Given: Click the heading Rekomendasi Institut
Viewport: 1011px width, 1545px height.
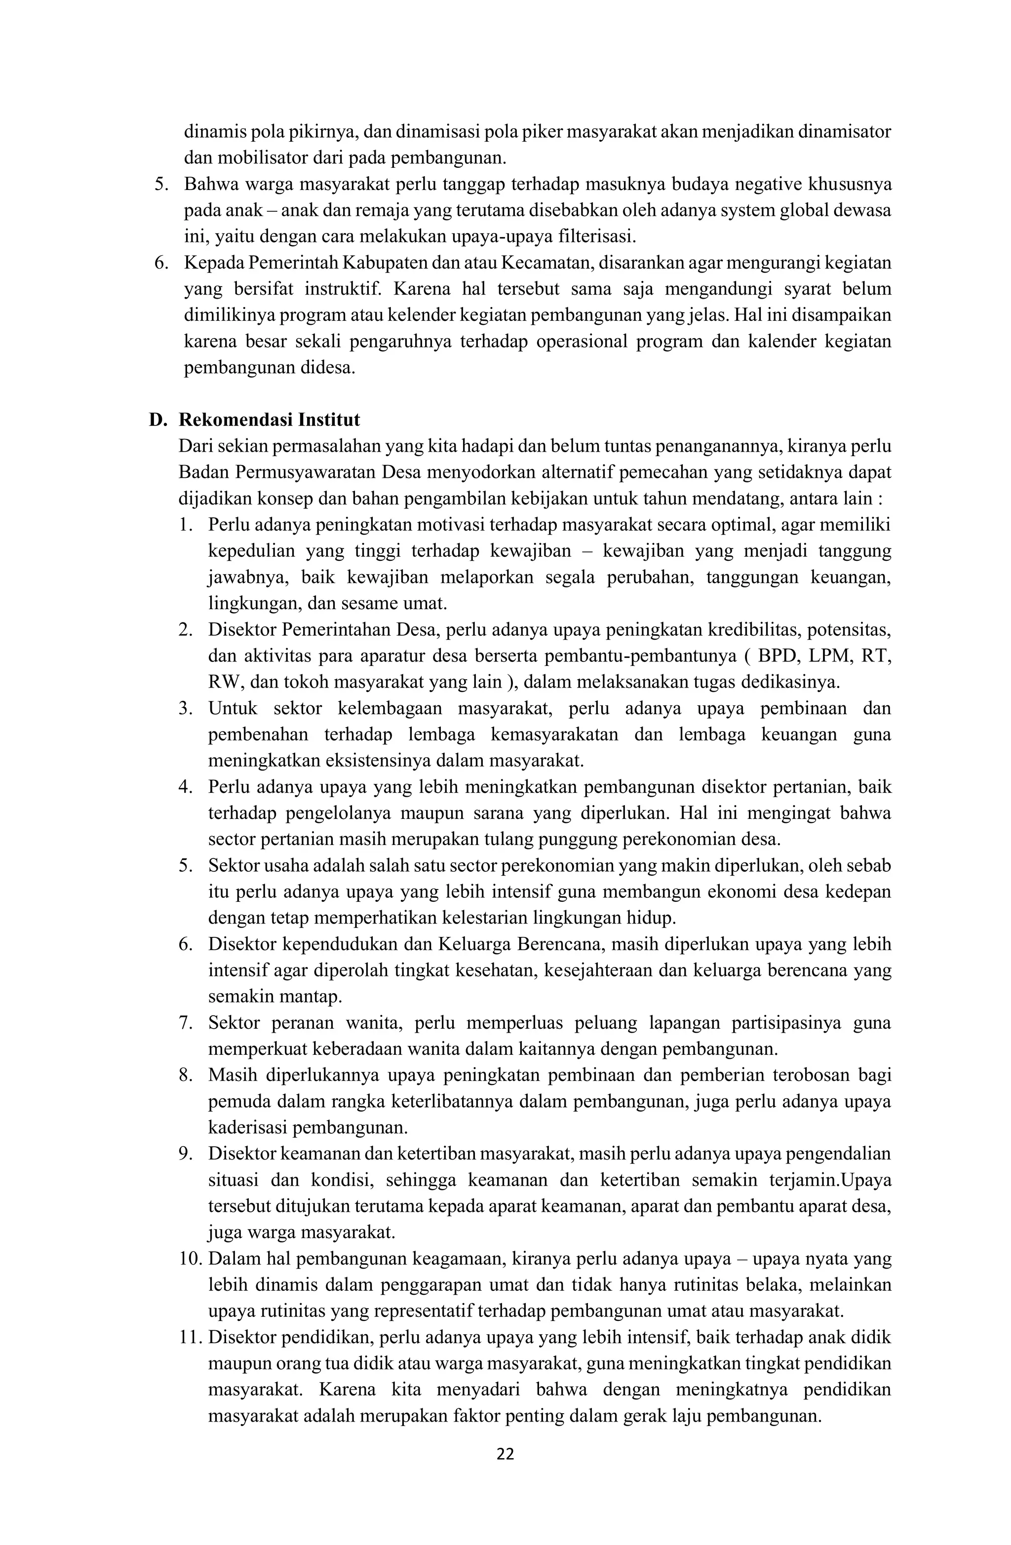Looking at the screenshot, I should coord(269,420).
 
